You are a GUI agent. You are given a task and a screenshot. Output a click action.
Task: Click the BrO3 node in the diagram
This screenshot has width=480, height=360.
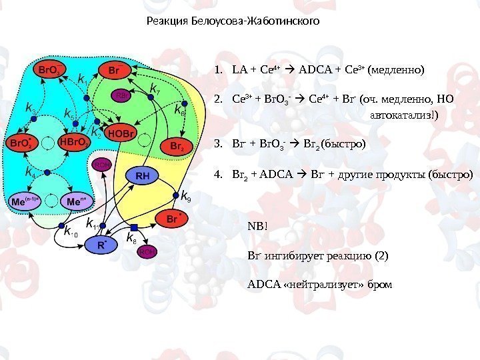(49, 69)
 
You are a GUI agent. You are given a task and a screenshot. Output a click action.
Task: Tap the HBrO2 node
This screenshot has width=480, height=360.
(73, 143)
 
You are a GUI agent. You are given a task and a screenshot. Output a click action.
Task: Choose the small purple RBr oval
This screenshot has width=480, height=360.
(123, 96)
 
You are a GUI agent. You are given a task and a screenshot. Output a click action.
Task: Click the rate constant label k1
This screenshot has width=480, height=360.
(83, 80)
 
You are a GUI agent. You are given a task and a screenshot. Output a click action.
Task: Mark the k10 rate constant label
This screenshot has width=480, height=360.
(70, 232)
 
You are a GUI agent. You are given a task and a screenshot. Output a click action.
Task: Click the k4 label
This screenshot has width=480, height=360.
(31, 172)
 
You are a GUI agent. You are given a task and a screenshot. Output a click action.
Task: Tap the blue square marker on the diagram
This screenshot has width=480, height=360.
(134, 227)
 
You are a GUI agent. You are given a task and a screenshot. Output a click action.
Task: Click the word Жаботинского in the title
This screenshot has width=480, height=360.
(283, 21)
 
